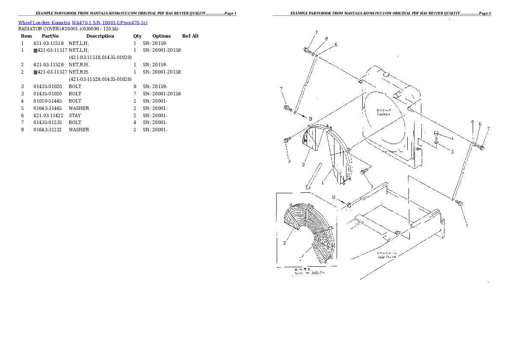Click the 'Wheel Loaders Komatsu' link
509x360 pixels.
44,23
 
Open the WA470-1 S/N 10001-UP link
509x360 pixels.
109,23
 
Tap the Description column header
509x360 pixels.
100,36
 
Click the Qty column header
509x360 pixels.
137,36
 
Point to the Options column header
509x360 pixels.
161,36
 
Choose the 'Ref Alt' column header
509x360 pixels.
190,36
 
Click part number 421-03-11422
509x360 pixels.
48,115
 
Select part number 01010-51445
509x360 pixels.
48,101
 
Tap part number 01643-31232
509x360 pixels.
48,130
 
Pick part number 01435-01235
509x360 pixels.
48,123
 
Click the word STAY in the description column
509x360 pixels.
75,115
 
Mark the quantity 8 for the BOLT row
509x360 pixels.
135,86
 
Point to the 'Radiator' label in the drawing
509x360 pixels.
383,114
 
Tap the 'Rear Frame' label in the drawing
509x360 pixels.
386,257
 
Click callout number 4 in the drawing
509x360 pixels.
452,139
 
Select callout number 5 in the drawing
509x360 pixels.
452,151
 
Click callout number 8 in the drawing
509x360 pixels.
326,39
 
